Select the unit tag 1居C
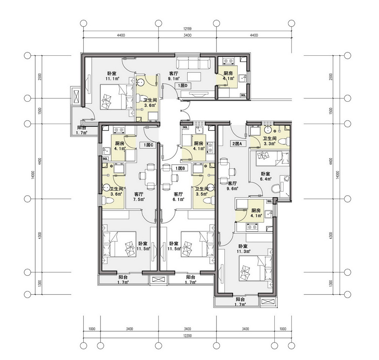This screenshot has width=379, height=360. pyautogui.click(x=149, y=145)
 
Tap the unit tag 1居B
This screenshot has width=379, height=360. pyautogui.click(x=180, y=168)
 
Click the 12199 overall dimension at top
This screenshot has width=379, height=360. pyautogui.click(x=187, y=29)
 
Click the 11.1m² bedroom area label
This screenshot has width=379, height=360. pyautogui.click(x=112, y=79)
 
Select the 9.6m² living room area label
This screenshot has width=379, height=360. pyautogui.click(x=232, y=189)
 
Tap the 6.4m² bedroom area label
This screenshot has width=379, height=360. pyautogui.click(x=266, y=179)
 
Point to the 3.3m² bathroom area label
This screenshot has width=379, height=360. pyautogui.click(x=269, y=144)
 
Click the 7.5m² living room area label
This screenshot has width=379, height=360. pyautogui.click(x=139, y=200)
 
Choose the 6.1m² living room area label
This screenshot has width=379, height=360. pyautogui.click(x=179, y=200)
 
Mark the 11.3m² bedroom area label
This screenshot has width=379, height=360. pyautogui.click(x=243, y=252)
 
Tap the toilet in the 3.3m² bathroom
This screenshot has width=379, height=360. pyautogui.click(x=283, y=141)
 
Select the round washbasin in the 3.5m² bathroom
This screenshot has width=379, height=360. pyautogui.click(x=211, y=187)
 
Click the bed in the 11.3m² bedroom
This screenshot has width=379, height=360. pyautogui.click(x=257, y=269)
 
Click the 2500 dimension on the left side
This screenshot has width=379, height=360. pyautogui.click(x=40, y=77)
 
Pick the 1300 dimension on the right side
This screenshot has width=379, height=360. pyautogui.click(x=331, y=283)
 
